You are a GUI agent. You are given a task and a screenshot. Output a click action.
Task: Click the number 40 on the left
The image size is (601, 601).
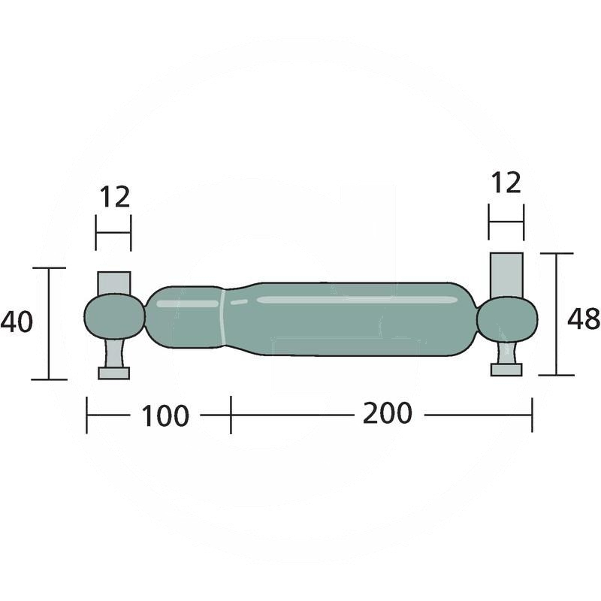pyautogui.click(x=17, y=322)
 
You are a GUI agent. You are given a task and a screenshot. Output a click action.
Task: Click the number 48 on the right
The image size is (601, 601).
pyautogui.click(x=583, y=319)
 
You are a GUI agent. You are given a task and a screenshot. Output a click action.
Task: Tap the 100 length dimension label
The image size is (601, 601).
pyautogui.click(x=165, y=415)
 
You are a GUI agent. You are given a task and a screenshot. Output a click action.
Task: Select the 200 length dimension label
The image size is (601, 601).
pyautogui.click(x=387, y=413)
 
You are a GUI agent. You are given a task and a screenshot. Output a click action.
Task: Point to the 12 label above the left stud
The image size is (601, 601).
pyautogui.click(x=114, y=197)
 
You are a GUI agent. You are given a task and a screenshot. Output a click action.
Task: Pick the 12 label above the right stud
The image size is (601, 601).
pyautogui.click(x=506, y=183)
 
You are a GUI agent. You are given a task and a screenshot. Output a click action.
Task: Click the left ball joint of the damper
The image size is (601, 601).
pyautogui.click(x=113, y=316)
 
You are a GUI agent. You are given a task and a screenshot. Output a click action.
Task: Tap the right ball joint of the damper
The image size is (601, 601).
pyautogui.click(x=506, y=319)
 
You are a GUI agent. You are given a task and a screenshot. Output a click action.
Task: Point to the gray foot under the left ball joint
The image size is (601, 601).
pyautogui.click(x=114, y=373)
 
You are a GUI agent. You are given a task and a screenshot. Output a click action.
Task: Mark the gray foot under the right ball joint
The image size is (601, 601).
pyautogui.click(x=506, y=369)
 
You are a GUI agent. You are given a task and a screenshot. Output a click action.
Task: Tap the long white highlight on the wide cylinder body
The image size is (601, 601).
pyautogui.click(x=357, y=300)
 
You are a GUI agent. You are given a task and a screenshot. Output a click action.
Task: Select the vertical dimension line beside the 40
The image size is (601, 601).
pyautogui.click(x=49, y=323)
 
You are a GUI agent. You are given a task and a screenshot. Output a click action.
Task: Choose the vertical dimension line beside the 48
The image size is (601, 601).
pyautogui.click(x=557, y=314)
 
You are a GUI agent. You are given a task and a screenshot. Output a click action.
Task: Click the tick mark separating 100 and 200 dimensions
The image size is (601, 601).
pyautogui.click(x=231, y=415)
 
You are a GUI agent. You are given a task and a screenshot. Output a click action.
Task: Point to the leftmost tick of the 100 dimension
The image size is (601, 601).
pyautogui.click(x=87, y=415)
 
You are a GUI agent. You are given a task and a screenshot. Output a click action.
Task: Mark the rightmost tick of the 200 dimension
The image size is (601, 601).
pyautogui.click(x=532, y=415)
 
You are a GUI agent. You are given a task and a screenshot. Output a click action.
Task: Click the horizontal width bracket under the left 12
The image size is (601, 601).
pyautogui.click(x=113, y=233)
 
